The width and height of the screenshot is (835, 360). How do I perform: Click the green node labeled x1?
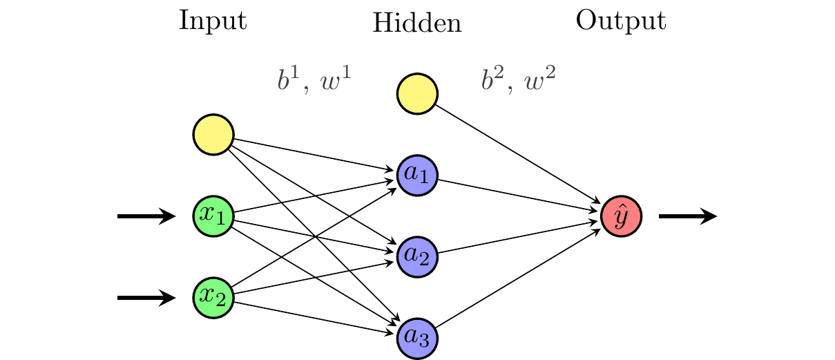[x=213, y=216]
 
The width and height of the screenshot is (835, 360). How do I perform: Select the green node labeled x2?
[x=213, y=298]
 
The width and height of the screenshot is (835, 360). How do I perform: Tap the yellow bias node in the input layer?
[x=213, y=134]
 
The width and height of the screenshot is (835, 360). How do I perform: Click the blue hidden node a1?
[x=417, y=176]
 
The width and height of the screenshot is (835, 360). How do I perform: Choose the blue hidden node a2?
[x=417, y=257]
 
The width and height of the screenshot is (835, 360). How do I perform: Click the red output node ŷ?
[x=622, y=216]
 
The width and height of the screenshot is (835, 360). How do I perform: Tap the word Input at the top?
[x=213, y=21]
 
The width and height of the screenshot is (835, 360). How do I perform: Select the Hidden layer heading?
[x=416, y=24]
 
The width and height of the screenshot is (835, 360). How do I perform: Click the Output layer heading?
[x=621, y=21]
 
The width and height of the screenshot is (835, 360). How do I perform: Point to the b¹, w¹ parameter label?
[x=314, y=81]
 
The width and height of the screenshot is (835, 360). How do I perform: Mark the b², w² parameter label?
[x=518, y=81]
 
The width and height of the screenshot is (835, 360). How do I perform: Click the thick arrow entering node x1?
[x=146, y=216]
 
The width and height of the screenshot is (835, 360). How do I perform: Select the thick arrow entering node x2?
[x=146, y=298]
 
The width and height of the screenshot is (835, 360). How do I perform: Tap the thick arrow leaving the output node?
[x=688, y=216]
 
